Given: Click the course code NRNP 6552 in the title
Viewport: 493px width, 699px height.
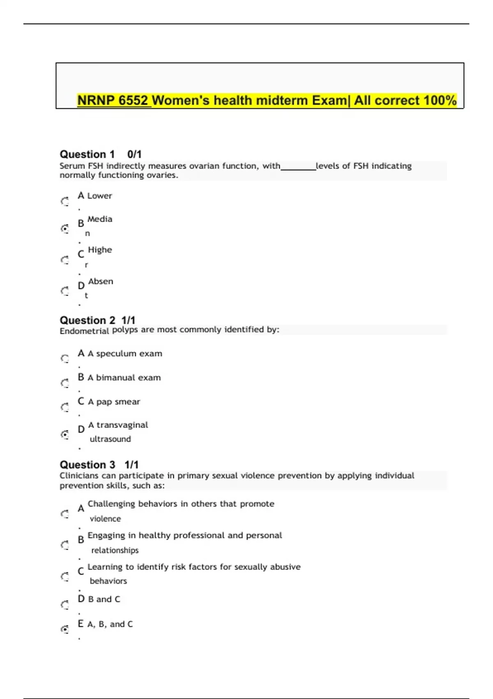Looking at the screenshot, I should [x=114, y=100].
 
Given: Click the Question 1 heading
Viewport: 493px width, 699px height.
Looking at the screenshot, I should [x=87, y=155].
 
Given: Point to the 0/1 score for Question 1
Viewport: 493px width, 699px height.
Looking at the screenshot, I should [x=134, y=155].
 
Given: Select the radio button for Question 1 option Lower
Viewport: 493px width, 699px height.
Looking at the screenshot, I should [x=65, y=201].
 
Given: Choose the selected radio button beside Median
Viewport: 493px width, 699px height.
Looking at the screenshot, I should [x=65, y=229].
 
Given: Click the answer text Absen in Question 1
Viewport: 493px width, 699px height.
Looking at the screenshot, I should [x=101, y=282].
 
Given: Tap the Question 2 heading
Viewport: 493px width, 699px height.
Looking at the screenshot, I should [x=87, y=320].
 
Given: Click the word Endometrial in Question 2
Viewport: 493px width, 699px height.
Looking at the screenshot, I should [x=84, y=331].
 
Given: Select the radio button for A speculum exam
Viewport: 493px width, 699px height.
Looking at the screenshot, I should [x=65, y=359].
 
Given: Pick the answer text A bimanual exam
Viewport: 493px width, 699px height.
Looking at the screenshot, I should [x=124, y=378].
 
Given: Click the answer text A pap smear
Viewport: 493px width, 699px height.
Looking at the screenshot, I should [x=114, y=402].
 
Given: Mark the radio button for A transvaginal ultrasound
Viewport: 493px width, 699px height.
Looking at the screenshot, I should [x=65, y=434].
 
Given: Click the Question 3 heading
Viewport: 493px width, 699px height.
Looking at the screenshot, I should [x=87, y=465].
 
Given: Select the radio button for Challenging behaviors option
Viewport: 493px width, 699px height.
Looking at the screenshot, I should [x=65, y=514].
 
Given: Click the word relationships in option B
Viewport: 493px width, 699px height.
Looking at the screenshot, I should [x=115, y=551].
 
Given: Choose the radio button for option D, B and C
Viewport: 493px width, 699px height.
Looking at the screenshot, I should [x=65, y=604].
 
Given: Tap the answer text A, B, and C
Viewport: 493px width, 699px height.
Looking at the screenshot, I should [x=110, y=624].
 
